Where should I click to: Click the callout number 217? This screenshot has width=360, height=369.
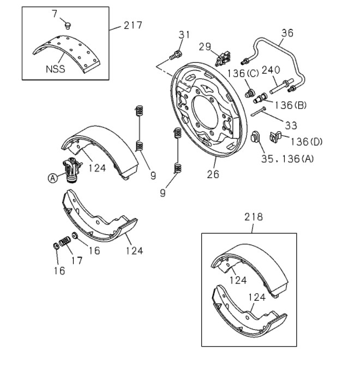point(133,25)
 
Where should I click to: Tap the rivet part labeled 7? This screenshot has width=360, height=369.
point(68,26)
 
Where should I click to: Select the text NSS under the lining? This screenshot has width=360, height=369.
point(55,69)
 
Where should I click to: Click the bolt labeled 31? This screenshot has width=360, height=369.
point(176,56)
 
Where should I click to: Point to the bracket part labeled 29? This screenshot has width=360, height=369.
point(223,59)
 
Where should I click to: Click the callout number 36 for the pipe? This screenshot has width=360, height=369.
point(287,33)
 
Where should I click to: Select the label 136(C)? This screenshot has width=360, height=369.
point(243,74)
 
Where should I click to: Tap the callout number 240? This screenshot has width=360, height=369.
point(271,70)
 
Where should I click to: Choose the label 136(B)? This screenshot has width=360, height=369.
point(291,105)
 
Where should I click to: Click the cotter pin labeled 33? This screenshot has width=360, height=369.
point(259,111)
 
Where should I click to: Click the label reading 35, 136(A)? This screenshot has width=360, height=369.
point(287,159)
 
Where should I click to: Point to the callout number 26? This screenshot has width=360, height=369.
point(213,174)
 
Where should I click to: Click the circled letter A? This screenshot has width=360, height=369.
point(53,178)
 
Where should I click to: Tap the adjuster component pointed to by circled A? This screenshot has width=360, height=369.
point(72,170)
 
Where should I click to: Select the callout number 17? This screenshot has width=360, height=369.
point(77,261)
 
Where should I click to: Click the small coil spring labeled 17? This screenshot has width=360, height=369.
point(65,241)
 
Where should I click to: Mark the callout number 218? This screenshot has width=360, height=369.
point(253,217)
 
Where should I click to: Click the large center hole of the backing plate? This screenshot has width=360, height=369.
point(206,112)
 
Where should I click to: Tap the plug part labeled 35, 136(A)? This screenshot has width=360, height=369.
point(255,137)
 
